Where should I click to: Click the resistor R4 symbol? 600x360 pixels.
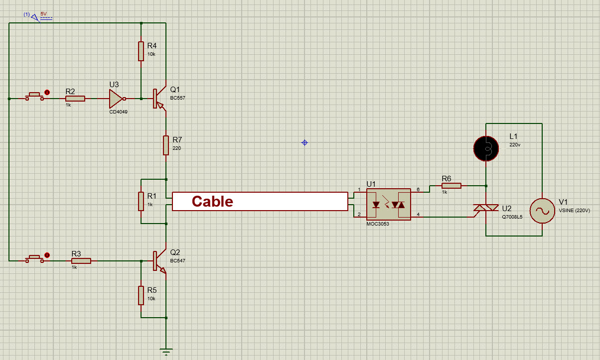(x=141, y=51)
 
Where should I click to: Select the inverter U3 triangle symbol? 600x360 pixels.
(x=117, y=99)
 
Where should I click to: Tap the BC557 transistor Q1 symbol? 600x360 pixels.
(x=159, y=99)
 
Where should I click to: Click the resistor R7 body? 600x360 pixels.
(x=166, y=145)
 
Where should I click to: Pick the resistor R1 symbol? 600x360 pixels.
(x=141, y=201)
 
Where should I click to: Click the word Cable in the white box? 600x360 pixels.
(x=212, y=201)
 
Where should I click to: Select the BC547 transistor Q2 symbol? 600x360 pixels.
(x=159, y=261)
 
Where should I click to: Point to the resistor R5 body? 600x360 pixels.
(x=141, y=295)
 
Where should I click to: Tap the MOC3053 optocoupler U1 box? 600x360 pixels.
(x=388, y=205)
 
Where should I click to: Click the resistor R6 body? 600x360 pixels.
(x=451, y=186)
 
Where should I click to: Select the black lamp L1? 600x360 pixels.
(x=486, y=148)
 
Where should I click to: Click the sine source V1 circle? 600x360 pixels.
(x=542, y=211)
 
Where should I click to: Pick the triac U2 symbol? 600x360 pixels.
(x=486, y=208)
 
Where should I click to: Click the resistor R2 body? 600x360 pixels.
(x=75, y=99)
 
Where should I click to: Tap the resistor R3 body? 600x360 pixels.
(x=81, y=261)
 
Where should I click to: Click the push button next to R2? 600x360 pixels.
(x=34, y=97)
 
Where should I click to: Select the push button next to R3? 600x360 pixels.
(x=34, y=259)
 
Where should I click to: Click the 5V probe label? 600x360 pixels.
(x=44, y=14)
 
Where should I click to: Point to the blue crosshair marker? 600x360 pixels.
(x=304, y=143)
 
